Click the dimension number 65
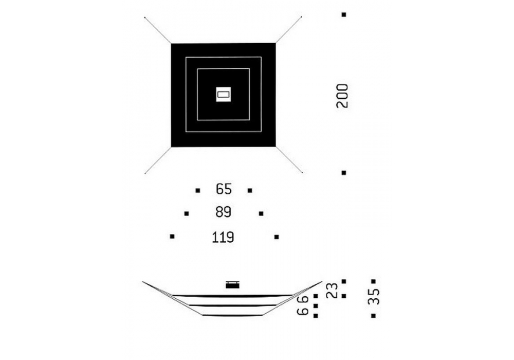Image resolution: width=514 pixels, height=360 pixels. (x=224, y=189)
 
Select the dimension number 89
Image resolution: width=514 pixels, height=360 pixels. (x=224, y=212)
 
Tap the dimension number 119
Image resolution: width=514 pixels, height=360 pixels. (x=223, y=237)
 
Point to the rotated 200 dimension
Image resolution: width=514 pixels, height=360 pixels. (x=342, y=96)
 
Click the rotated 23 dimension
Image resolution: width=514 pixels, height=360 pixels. (x=333, y=291)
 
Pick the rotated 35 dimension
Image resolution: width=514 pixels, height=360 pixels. (x=374, y=296)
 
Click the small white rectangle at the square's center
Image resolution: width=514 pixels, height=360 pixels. (x=224, y=95)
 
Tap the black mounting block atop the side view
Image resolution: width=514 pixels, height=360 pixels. (x=232, y=284)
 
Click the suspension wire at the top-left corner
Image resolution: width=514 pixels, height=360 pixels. (x=158, y=30)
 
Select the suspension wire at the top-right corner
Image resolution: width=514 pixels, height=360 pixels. (x=289, y=29)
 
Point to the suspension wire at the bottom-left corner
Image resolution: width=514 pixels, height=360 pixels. (x=158, y=160)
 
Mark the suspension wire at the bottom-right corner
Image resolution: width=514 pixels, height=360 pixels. (x=289, y=159)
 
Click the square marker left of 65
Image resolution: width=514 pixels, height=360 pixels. (x=198, y=190)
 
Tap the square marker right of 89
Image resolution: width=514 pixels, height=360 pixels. (x=261, y=213)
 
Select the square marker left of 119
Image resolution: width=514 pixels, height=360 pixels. (x=172, y=237)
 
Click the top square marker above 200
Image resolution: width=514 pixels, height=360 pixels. (x=344, y=15)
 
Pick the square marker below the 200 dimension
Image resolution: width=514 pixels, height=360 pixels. (x=344, y=173)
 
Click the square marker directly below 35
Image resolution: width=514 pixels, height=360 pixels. (x=373, y=316)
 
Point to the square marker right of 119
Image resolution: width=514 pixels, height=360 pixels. (x=277, y=237)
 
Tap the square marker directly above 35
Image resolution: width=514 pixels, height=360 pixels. (x=373, y=281)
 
